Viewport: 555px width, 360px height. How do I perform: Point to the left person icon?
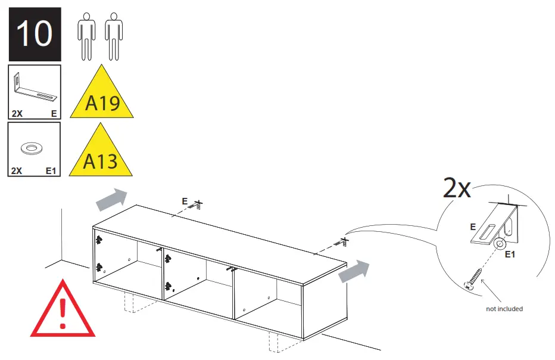coord(86,36)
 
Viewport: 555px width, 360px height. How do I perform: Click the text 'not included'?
coord(504,309)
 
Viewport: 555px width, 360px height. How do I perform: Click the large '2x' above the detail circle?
coord(457,188)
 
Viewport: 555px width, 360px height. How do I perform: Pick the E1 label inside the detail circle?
coord(510,254)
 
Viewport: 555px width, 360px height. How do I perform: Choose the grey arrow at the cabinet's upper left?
coord(111,200)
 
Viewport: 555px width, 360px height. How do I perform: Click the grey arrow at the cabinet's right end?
coord(354,272)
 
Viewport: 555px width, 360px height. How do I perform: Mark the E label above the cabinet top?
coord(185,201)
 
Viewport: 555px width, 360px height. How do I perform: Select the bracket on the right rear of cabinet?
coord(341,243)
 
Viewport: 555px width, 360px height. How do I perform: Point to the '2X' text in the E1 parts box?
coord(16,170)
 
